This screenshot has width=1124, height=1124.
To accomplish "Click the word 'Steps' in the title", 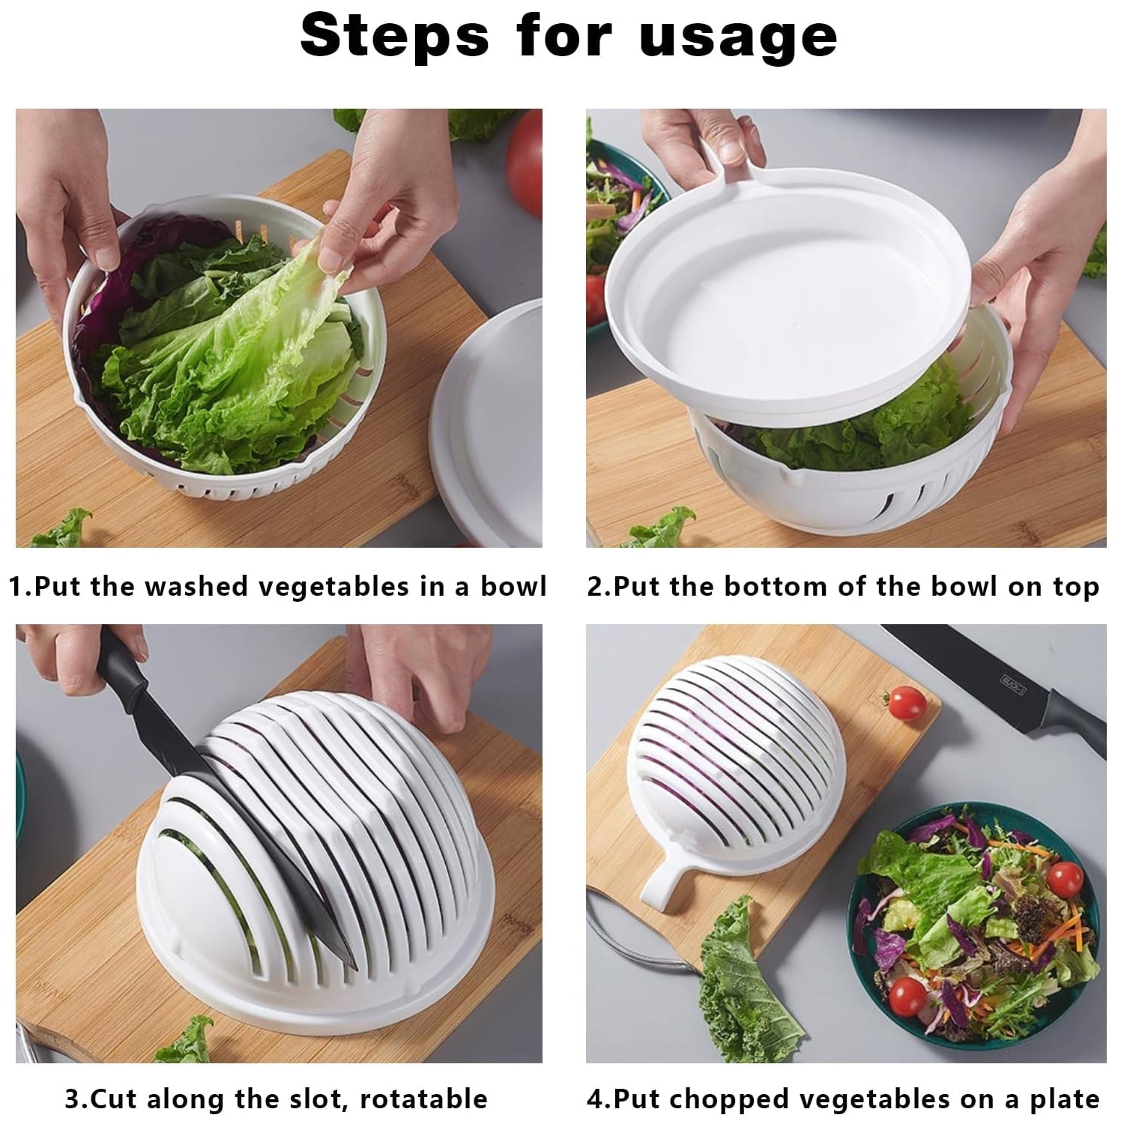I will coord(394,35).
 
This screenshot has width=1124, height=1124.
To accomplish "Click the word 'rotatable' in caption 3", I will coord(423,1099).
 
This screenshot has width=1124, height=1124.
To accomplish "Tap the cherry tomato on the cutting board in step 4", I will coord(905,702).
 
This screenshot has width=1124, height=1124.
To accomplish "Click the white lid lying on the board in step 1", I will coord(495,420).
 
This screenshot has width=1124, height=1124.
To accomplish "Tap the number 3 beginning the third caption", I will coord(73,1099).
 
